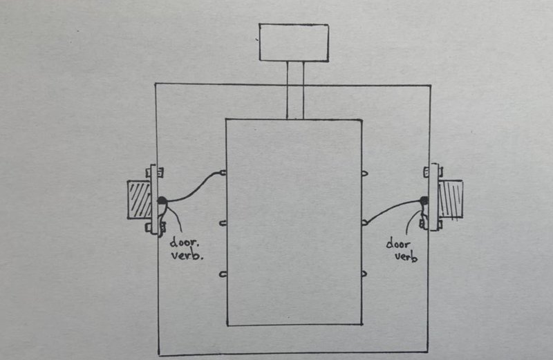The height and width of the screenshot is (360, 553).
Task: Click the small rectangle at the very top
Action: tap(294, 42)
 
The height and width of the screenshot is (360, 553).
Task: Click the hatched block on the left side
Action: tap(139, 200)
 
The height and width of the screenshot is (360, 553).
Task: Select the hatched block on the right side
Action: tap(451, 199)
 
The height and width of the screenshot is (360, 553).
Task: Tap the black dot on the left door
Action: tap(162, 200)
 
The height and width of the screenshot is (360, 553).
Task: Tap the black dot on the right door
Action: tap(424, 200)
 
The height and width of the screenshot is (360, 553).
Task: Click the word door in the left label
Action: tap(185, 243)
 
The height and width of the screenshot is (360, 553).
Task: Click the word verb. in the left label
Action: tap(187, 254)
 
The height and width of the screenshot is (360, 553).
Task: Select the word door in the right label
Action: tap(398, 244)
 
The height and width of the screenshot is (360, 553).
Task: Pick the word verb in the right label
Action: tap(406, 256)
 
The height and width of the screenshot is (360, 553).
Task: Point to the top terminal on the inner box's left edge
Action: tap(223, 173)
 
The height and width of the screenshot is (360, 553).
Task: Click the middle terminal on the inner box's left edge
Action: tap(223, 223)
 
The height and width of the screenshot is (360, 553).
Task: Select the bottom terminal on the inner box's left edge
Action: tap(223, 274)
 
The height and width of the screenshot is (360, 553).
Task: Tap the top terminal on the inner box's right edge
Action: tap(365, 173)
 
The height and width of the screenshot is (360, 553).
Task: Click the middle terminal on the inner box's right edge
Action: tap(365, 222)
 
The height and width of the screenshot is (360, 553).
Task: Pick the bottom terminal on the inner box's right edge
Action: tap(365, 274)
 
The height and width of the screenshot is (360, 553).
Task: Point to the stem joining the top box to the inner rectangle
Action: tap(295, 91)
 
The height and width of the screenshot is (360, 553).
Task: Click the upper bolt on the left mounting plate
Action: tap(154, 173)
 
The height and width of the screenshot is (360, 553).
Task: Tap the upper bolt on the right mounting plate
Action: tap(433, 172)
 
